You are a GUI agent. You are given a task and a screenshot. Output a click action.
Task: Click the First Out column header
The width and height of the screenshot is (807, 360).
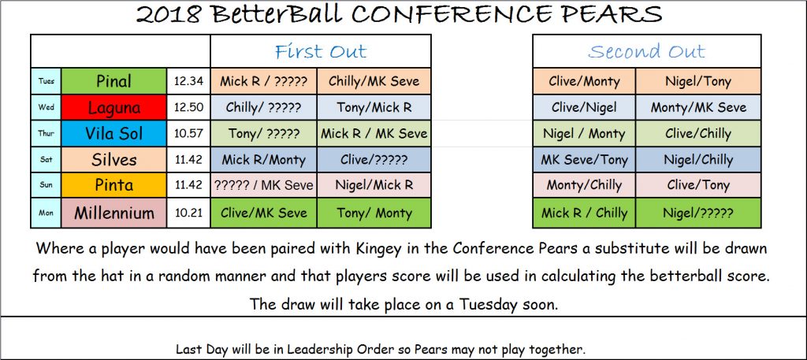click(x=321, y=51)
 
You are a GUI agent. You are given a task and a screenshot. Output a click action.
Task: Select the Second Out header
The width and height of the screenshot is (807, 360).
click(x=646, y=51)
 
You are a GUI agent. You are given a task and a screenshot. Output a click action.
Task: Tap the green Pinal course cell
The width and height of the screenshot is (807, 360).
click(x=113, y=81)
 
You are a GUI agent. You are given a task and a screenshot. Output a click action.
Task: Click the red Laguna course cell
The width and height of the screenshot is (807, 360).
click(x=113, y=107)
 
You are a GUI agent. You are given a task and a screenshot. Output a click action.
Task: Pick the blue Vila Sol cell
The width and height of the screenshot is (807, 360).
click(x=113, y=134)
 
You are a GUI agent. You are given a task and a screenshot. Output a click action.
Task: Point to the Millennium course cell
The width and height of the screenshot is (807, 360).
click(x=113, y=213)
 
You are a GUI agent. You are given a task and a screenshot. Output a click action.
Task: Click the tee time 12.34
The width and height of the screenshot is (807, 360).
click(x=189, y=81)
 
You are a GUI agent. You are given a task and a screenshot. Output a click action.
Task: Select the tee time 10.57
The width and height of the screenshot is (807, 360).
click(x=189, y=134)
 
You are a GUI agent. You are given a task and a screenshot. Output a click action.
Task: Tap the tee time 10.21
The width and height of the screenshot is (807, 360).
click(x=189, y=213)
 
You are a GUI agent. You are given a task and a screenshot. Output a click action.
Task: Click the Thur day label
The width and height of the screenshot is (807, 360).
click(x=46, y=134)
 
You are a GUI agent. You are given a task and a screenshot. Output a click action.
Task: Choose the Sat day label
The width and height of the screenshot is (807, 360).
click(x=46, y=160)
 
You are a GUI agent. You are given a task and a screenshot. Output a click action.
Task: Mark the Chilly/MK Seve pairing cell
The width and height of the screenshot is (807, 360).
click(x=374, y=81)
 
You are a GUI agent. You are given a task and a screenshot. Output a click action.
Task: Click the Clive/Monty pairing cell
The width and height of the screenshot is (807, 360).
click(x=584, y=81)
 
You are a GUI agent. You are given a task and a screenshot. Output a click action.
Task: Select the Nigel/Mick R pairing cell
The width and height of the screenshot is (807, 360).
click(x=374, y=186)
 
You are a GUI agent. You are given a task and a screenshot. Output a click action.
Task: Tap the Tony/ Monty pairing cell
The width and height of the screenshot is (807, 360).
click(x=374, y=213)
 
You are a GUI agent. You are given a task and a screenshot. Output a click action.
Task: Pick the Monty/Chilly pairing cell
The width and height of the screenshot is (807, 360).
click(x=584, y=186)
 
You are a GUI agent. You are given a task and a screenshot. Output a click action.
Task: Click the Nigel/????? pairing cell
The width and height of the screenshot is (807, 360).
click(x=698, y=213)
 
